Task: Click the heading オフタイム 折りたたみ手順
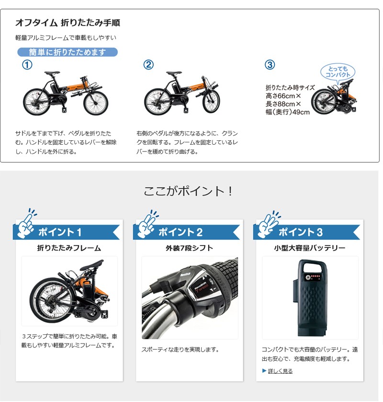click(68, 23)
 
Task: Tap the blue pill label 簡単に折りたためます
click(68, 52)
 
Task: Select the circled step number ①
click(27, 65)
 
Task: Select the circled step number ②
click(148, 65)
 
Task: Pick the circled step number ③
click(270, 65)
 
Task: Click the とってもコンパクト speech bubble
click(338, 72)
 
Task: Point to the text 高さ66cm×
click(283, 96)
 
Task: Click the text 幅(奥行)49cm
click(287, 112)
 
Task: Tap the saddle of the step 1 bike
click(52, 73)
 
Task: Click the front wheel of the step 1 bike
click(96, 103)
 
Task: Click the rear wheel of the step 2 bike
click(158, 102)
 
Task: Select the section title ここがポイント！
click(188, 191)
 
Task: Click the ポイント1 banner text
click(60, 232)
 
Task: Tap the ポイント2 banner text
click(180, 232)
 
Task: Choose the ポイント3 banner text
click(301, 232)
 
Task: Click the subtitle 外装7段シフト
click(189, 248)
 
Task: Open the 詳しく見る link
click(280, 371)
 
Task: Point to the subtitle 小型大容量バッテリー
click(310, 248)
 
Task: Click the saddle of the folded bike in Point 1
click(93, 265)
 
